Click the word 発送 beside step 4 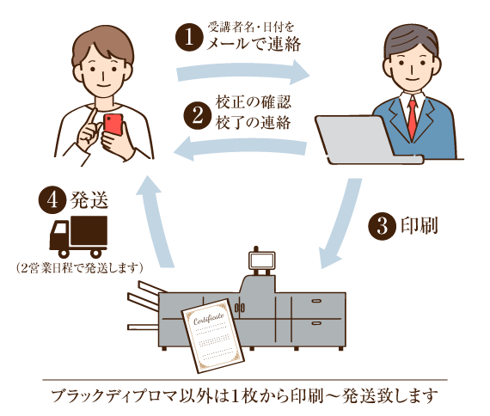click(x=89, y=202)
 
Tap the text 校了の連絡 click(x=251, y=122)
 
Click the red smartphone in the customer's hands click(x=113, y=124)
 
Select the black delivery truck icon click(x=79, y=236)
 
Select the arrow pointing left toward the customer click(x=241, y=151)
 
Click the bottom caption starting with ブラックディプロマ click(x=245, y=396)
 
